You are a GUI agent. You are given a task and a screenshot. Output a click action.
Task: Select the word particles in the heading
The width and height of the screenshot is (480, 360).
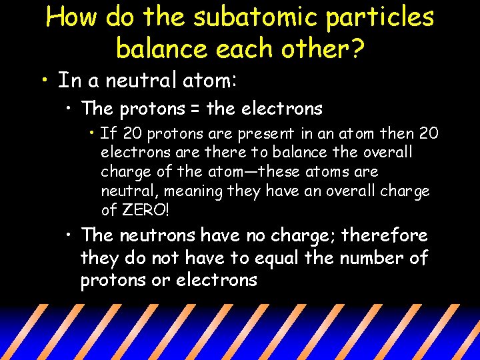tap(380, 18)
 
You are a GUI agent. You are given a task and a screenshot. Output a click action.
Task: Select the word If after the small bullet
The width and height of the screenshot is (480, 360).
tap(107, 133)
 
